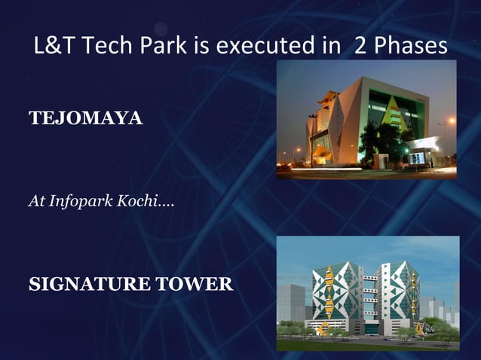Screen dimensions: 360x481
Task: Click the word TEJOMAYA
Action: [85, 118]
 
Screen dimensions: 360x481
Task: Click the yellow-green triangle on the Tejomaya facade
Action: [394, 114]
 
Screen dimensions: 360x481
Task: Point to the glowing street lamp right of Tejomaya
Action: [451, 121]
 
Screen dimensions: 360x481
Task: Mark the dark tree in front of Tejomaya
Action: [370, 142]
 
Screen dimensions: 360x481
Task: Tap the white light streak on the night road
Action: [354, 172]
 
